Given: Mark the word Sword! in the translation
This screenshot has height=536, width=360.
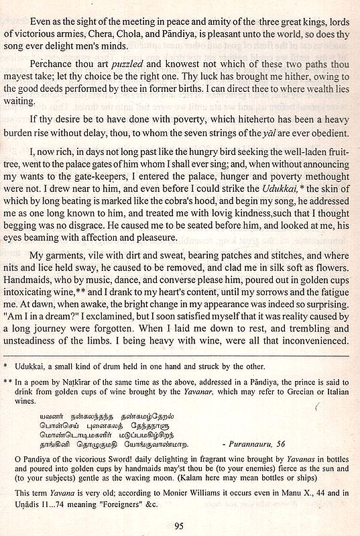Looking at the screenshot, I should click(x=124, y=459).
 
